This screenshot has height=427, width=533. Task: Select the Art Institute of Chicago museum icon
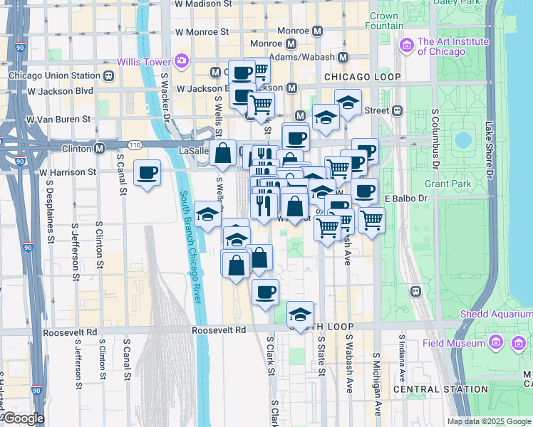pyautogui.click(x=407, y=46)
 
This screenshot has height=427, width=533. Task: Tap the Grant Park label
pyautogui.click(x=447, y=184)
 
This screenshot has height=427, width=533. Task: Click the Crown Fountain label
pyautogui.click(x=384, y=21)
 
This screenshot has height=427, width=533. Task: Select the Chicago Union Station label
pyautogui.click(x=54, y=75)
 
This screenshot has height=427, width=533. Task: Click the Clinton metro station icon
pyautogui.click(x=99, y=149)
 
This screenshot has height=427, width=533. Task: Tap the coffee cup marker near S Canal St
pyautogui.click(x=148, y=173)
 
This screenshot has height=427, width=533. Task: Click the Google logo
pyautogui.click(x=23, y=418)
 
